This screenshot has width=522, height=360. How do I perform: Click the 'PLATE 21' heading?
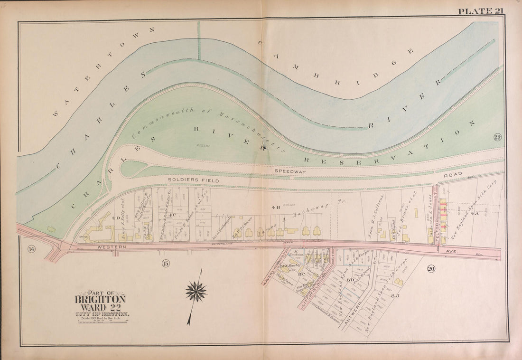(x=480, y=11)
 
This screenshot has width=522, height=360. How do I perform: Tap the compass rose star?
(x=196, y=291)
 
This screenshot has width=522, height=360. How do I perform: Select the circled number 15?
(x=165, y=263)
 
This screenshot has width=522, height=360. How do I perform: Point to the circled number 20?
(x=431, y=269)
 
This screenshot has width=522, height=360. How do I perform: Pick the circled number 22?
(x=497, y=138)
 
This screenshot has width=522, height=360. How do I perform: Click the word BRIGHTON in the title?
(x=100, y=299)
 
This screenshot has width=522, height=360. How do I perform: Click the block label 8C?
(x=300, y=274)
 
